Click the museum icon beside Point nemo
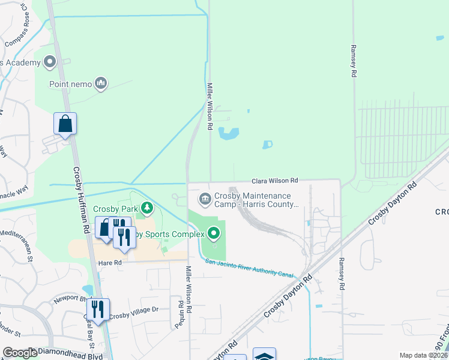(101, 83)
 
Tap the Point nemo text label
(70, 83)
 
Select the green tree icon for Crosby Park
(146, 209)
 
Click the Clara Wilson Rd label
(274, 180)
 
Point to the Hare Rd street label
(109, 263)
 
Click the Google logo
(20, 353)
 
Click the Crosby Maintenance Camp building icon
(205, 198)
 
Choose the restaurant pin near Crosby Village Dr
(97, 309)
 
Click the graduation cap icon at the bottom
(264, 355)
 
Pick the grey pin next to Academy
(49, 62)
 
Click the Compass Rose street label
(21, 39)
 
